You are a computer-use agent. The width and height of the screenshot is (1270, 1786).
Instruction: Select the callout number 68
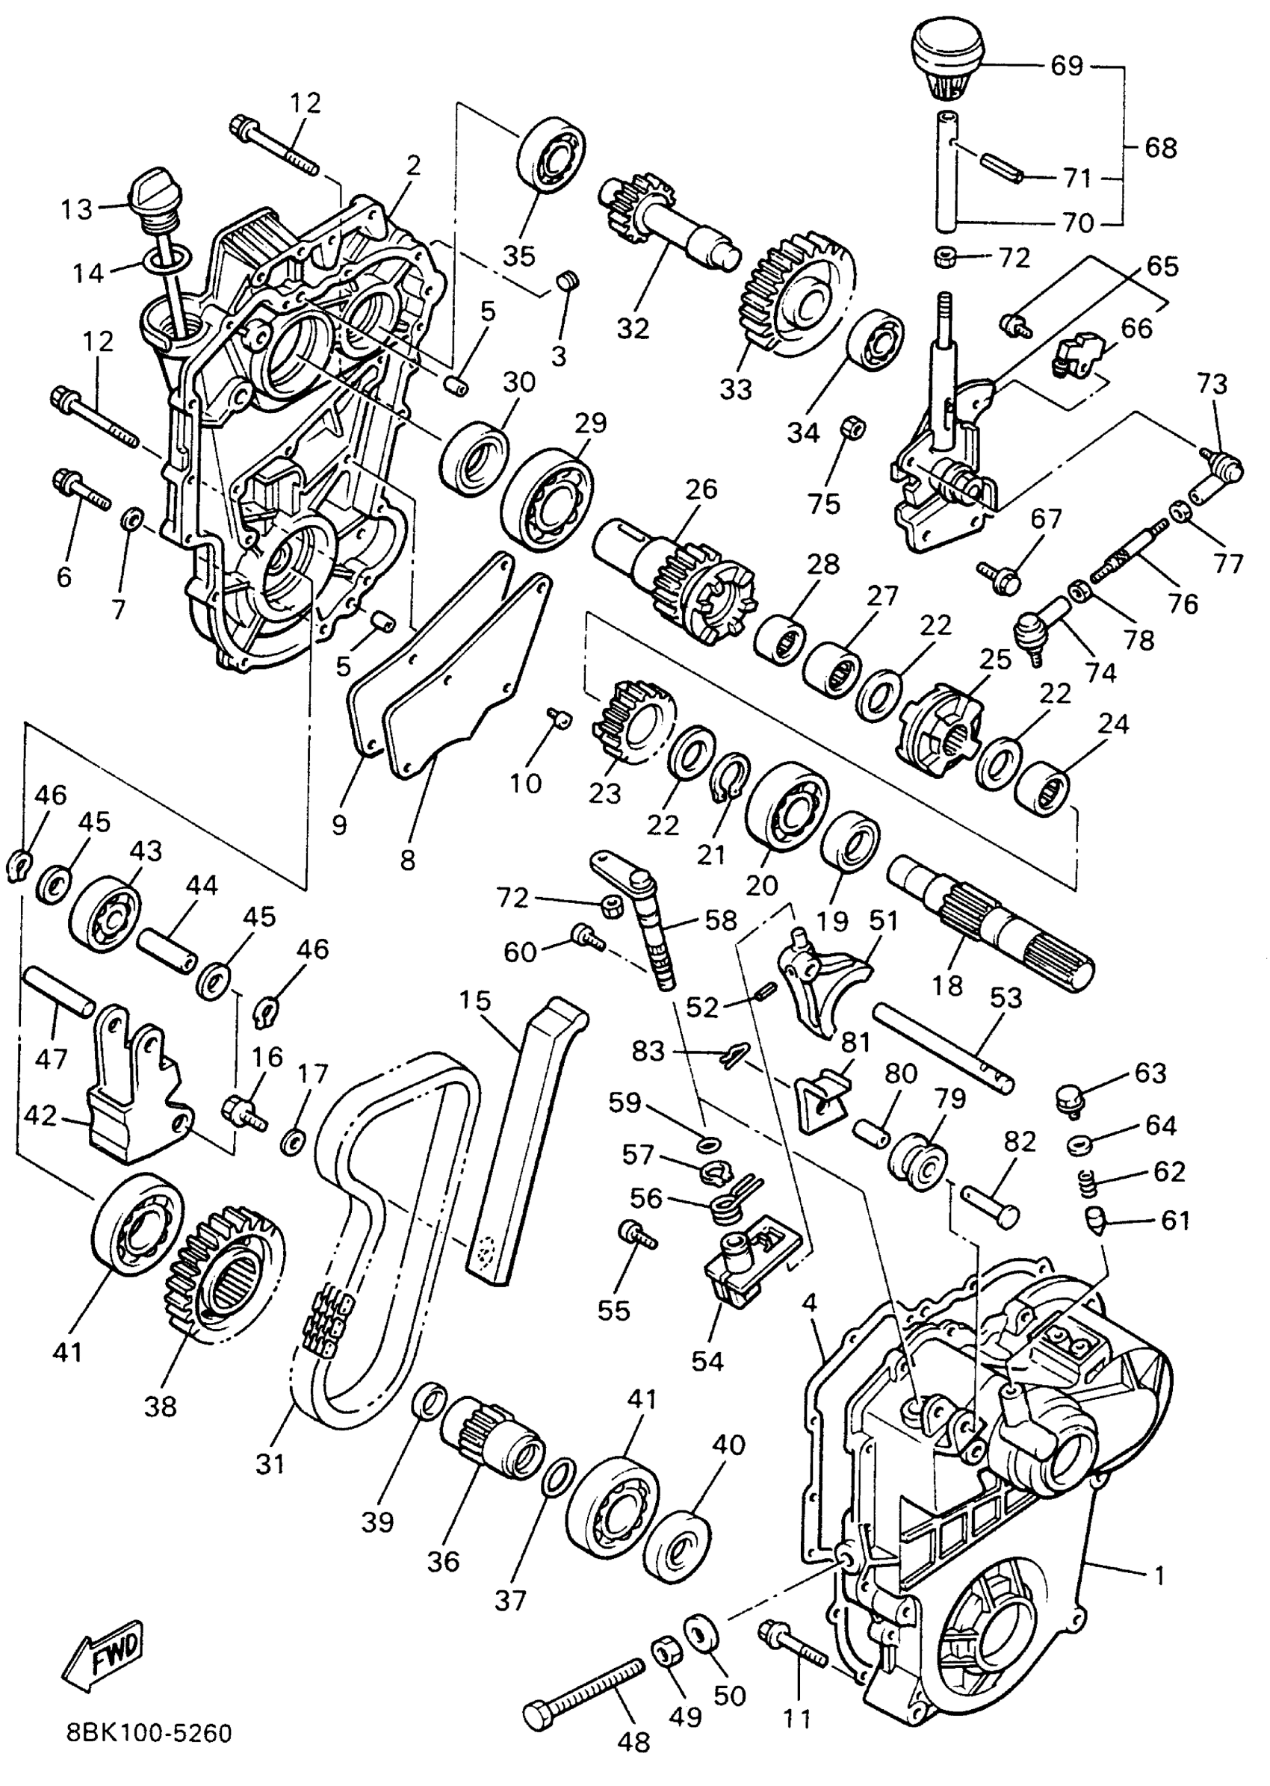point(1160,147)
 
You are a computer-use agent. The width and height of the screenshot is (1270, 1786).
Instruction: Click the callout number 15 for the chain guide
point(474,1000)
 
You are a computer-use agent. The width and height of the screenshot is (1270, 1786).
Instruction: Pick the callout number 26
point(701,489)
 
